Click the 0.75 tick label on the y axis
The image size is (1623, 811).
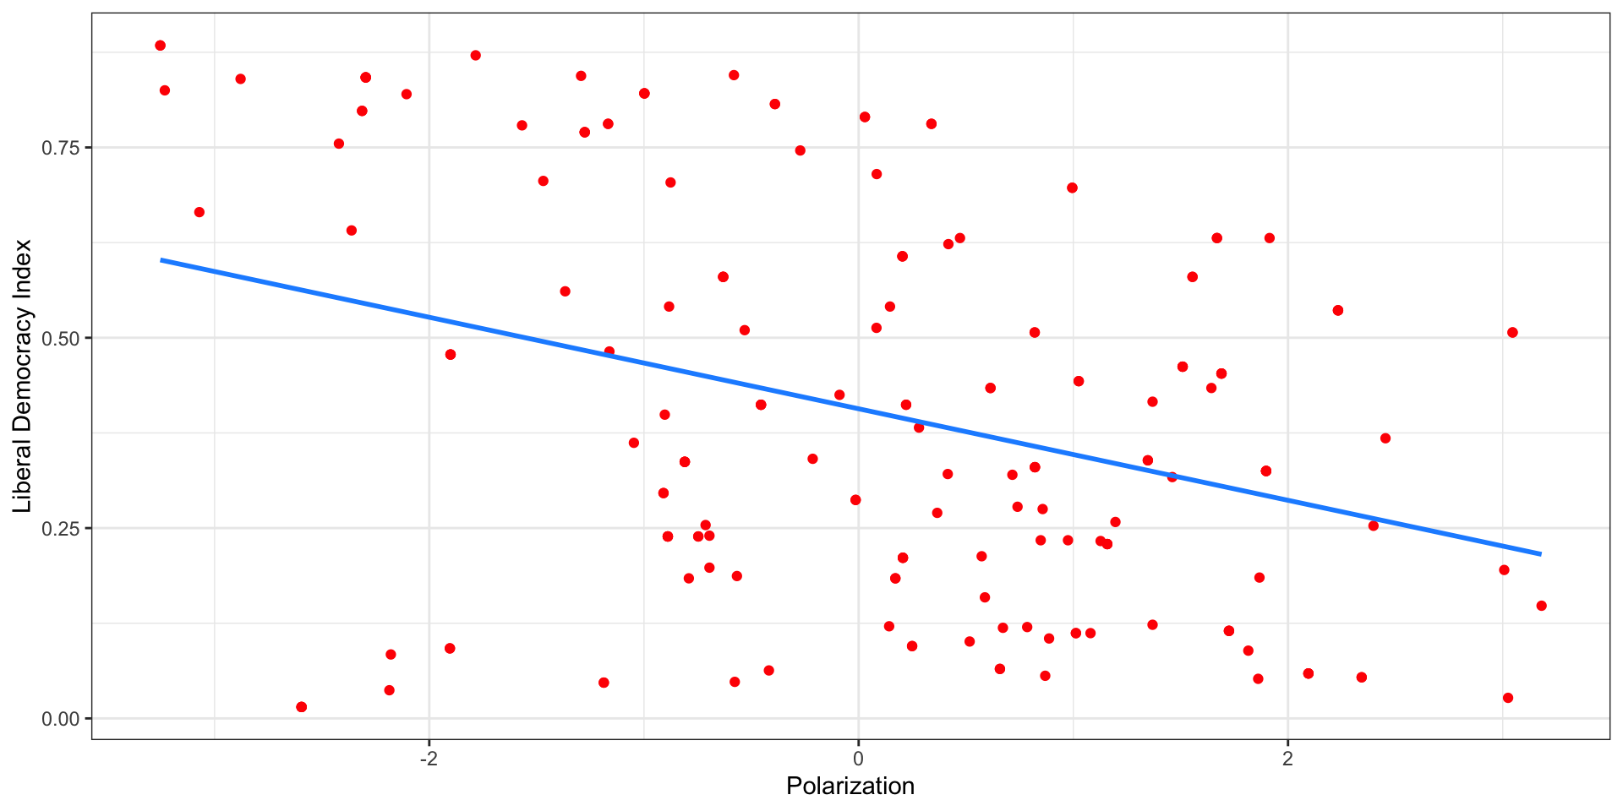point(61,148)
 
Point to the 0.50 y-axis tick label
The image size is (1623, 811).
point(61,338)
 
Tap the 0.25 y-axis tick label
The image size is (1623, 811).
point(61,528)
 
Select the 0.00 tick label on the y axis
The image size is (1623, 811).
point(61,719)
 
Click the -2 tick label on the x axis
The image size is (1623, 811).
point(429,758)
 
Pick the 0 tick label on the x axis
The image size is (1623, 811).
point(858,758)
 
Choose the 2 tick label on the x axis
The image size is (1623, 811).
point(1287,758)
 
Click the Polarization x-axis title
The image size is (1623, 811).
point(850,787)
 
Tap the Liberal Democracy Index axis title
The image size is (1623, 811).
point(23,376)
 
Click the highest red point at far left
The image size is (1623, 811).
point(160,46)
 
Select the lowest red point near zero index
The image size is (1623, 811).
point(301,707)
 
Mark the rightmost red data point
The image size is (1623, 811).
point(1541,606)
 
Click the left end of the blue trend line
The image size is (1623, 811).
point(162,260)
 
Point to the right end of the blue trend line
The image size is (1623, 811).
point(1540,554)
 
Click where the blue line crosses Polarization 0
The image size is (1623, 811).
point(858,410)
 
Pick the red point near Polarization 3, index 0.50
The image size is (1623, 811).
point(1512,333)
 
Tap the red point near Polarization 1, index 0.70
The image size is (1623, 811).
point(1072,188)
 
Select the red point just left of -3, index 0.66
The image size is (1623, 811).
point(199,212)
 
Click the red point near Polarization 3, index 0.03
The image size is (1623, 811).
point(1508,698)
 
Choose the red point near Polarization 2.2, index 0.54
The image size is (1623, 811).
point(1337,311)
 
